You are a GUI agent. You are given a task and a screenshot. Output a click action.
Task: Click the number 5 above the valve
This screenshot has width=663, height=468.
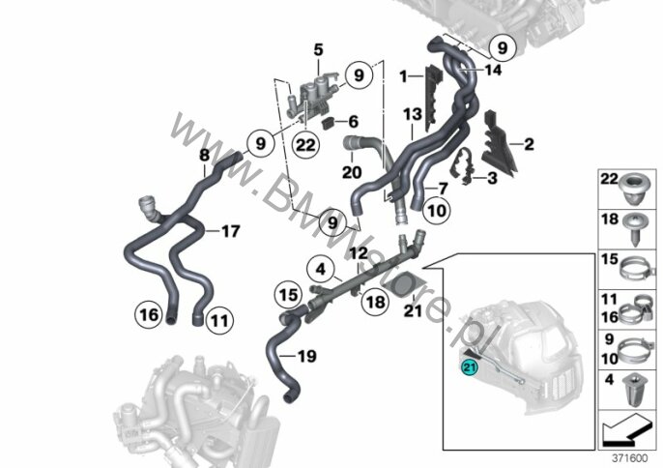(318, 50)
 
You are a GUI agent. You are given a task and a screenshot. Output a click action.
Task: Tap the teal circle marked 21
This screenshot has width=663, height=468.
(470, 367)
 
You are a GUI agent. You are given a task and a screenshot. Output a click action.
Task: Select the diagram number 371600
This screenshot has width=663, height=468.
(630, 458)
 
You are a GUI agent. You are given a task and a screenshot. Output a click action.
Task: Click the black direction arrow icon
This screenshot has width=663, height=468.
(626, 429)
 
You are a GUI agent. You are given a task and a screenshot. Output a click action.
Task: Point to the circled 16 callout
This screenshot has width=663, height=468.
(149, 314)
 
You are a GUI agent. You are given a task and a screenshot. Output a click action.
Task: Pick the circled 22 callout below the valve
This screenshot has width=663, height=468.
(305, 145)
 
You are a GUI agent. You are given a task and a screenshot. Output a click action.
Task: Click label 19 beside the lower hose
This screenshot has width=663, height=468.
(307, 356)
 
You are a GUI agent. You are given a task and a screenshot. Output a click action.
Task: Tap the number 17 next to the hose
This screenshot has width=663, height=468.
(231, 231)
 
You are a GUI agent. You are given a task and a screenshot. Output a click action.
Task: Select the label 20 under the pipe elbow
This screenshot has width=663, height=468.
(352, 172)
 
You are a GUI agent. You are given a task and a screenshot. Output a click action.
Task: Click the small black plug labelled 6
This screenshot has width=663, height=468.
(329, 124)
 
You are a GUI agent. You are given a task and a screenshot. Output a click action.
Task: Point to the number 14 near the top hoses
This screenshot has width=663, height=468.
(492, 70)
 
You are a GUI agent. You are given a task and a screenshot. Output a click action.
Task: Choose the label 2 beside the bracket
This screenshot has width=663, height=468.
(529, 144)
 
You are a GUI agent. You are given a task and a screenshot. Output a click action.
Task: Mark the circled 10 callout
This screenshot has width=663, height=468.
(437, 210)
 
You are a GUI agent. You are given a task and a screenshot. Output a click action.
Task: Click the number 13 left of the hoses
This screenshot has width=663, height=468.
(413, 114)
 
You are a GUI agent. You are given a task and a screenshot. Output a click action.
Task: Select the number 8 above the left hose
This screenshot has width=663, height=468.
(204, 155)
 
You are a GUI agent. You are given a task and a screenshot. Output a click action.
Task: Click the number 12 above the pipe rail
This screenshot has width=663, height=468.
(359, 253)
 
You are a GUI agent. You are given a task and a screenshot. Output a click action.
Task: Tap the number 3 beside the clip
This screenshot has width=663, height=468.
(492, 178)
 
